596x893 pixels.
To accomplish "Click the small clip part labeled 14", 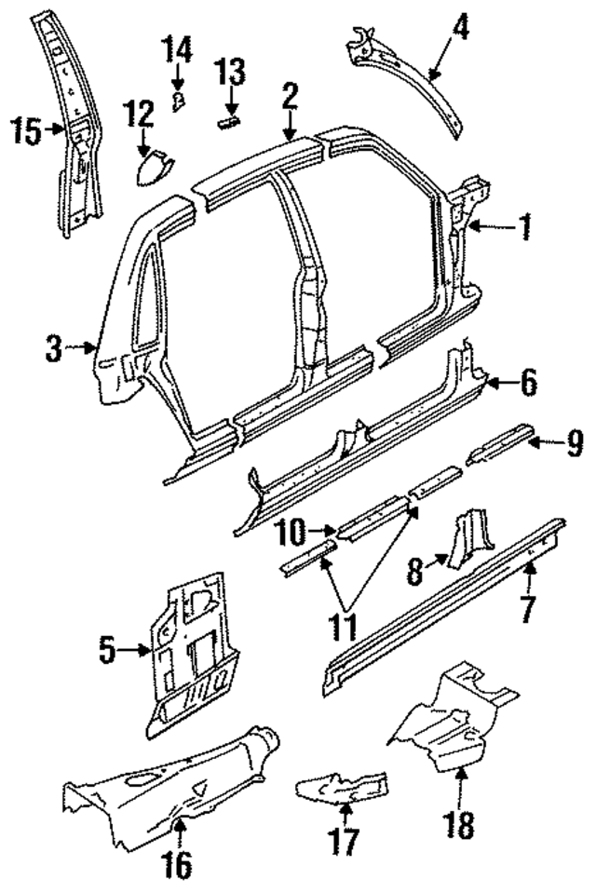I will pos(179,96).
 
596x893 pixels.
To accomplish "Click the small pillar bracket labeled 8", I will pos(466,540).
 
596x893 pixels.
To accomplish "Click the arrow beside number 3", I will pos(85,350).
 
